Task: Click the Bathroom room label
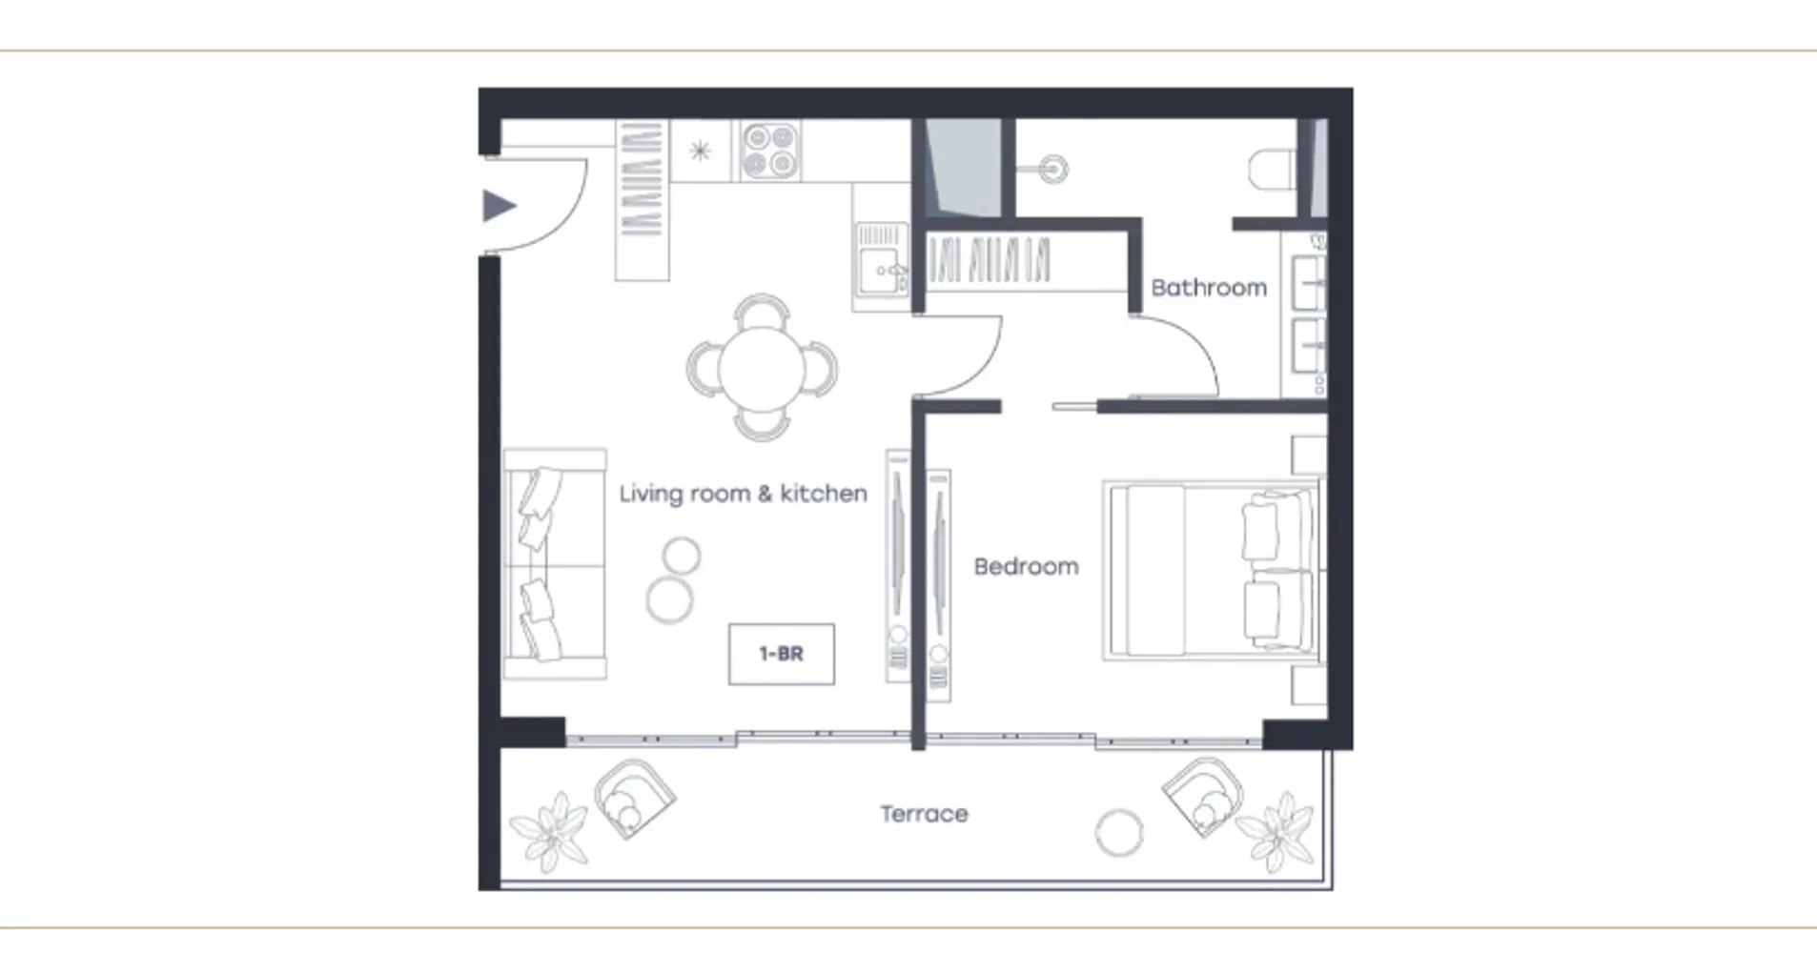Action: pos(1209,287)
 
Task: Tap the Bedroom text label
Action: pos(1026,566)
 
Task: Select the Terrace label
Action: pos(924,814)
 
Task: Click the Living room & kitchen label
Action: pos(743,494)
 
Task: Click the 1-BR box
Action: pos(781,654)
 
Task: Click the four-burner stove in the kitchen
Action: pos(770,151)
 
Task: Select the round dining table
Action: pos(762,368)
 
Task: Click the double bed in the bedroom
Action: pos(1211,570)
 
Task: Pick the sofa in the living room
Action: pos(555,564)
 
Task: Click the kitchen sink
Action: pos(881,271)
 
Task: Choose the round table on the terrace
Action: pos(1118,833)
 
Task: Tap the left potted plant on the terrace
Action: pos(550,830)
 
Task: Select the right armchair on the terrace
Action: pos(1202,798)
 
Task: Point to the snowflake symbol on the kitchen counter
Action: pos(701,151)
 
